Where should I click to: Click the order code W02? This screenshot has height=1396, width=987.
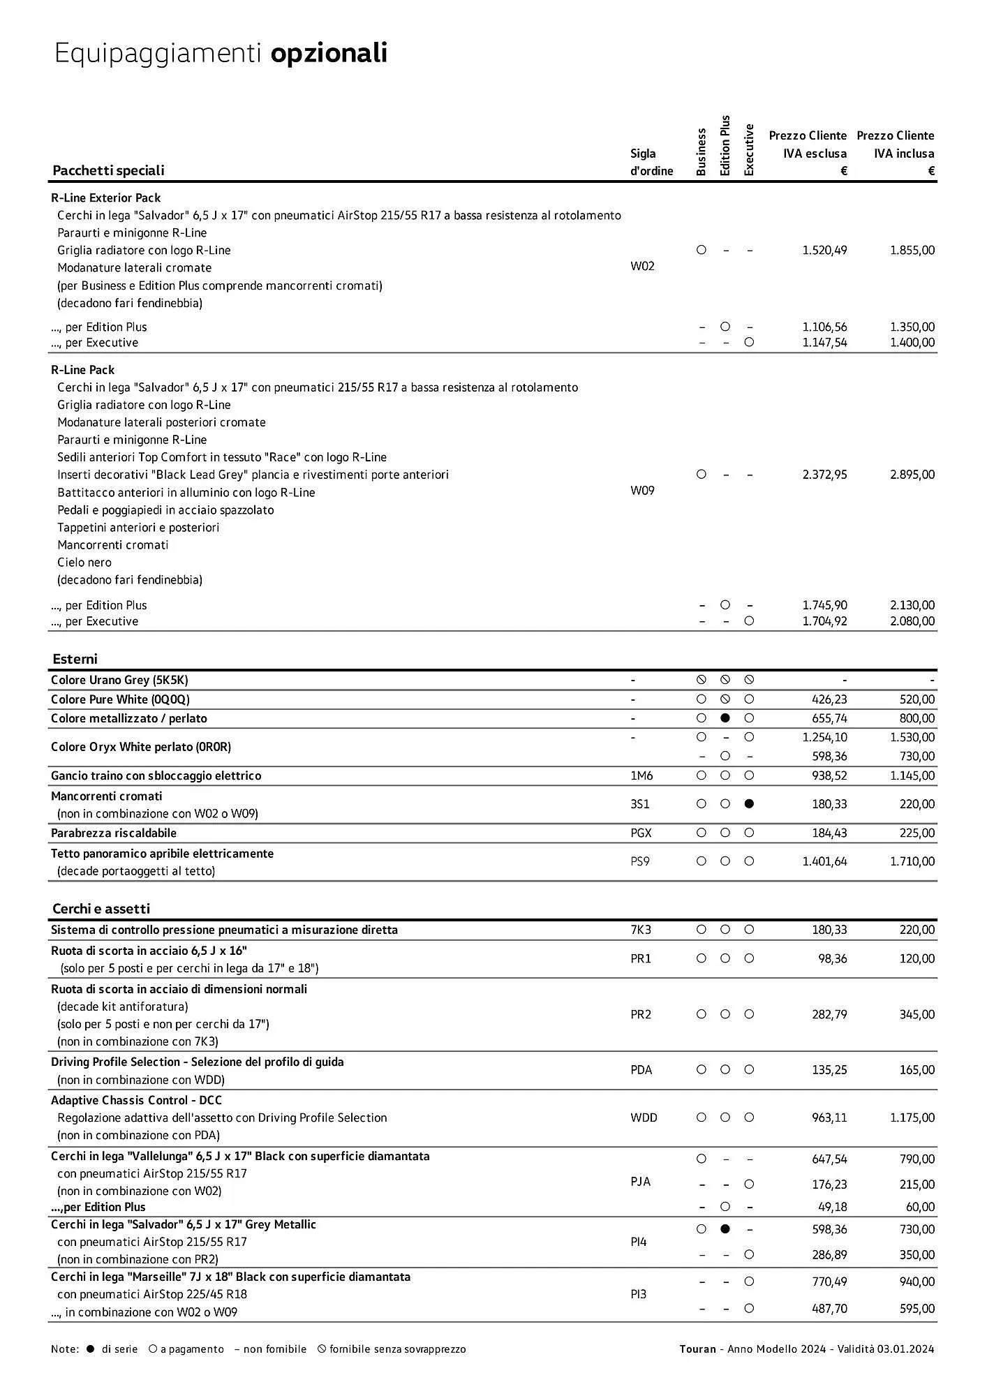[642, 266]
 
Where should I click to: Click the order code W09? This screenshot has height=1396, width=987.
[642, 491]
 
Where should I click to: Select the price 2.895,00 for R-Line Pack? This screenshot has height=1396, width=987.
[912, 475]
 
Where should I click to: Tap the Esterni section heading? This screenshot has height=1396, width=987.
[75, 659]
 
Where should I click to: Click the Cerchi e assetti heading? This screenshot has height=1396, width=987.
[101, 909]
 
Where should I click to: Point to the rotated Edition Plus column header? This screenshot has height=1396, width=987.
[725, 145]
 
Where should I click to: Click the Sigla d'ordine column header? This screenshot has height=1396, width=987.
[651, 162]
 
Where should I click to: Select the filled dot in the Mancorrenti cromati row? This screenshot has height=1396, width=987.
[749, 804]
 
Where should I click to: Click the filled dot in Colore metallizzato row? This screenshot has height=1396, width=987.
[725, 718]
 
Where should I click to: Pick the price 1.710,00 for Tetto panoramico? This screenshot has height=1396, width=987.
[912, 861]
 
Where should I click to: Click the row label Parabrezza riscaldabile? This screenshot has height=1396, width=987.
[114, 833]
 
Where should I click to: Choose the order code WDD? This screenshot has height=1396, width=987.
[644, 1117]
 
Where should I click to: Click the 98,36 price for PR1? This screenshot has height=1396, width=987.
[832, 958]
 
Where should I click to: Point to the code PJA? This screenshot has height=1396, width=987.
[640, 1181]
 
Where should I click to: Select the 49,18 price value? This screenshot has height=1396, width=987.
[832, 1207]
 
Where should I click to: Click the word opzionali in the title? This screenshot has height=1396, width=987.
[329, 53]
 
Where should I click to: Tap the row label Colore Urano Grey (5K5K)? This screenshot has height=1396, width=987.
[119, 680]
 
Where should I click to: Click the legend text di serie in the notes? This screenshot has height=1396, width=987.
[119, 1349]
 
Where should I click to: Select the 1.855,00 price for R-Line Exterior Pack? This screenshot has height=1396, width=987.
[912, 250]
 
